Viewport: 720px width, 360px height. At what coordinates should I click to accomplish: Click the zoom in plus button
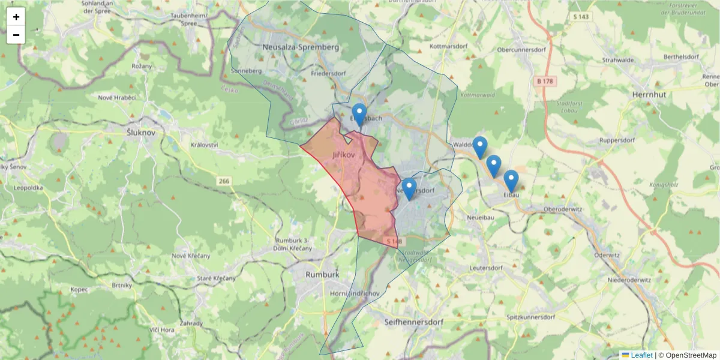point(16,17)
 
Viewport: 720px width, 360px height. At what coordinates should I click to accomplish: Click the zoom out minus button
point(16,35)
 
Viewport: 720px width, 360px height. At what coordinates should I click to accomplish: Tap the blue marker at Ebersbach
point(359,115)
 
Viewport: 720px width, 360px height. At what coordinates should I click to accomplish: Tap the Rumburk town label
point(322,274)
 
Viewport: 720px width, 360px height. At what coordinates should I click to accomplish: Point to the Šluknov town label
point(142,132)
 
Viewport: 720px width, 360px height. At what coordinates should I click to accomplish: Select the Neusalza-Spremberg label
point(301,47)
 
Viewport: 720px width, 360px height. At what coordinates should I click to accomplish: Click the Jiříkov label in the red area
point(344,155)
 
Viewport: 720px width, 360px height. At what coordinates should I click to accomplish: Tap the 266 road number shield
point(224,180)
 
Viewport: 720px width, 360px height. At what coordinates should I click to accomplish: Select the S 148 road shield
point(392,241)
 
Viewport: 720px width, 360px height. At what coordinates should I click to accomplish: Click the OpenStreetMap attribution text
point(687,355)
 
